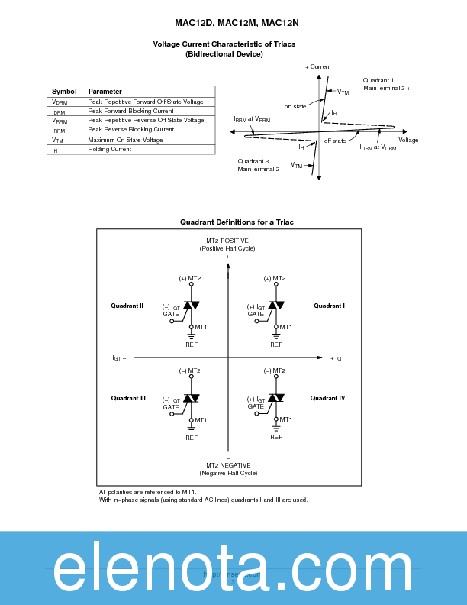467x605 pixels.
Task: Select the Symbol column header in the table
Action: [64, 92]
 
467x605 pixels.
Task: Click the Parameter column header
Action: [105, 92]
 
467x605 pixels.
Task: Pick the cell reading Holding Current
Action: [109, 149]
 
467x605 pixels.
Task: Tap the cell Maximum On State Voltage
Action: [125, 140]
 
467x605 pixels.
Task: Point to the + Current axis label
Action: [318, 67]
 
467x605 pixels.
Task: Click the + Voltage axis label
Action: [405, 141]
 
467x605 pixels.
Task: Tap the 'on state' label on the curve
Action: [295, 106]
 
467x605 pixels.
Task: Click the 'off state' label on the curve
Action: [334, 141]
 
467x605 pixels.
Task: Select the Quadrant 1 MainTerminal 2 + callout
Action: [386, 85]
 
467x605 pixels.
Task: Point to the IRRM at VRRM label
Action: [251, 119]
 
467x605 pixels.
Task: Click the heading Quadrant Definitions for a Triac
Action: [237, 222]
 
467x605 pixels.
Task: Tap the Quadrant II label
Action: [127, 306]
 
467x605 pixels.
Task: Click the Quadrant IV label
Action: [327, 398]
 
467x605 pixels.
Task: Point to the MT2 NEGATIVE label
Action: [228, 465]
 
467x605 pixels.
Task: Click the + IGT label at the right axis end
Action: [337, 357]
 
